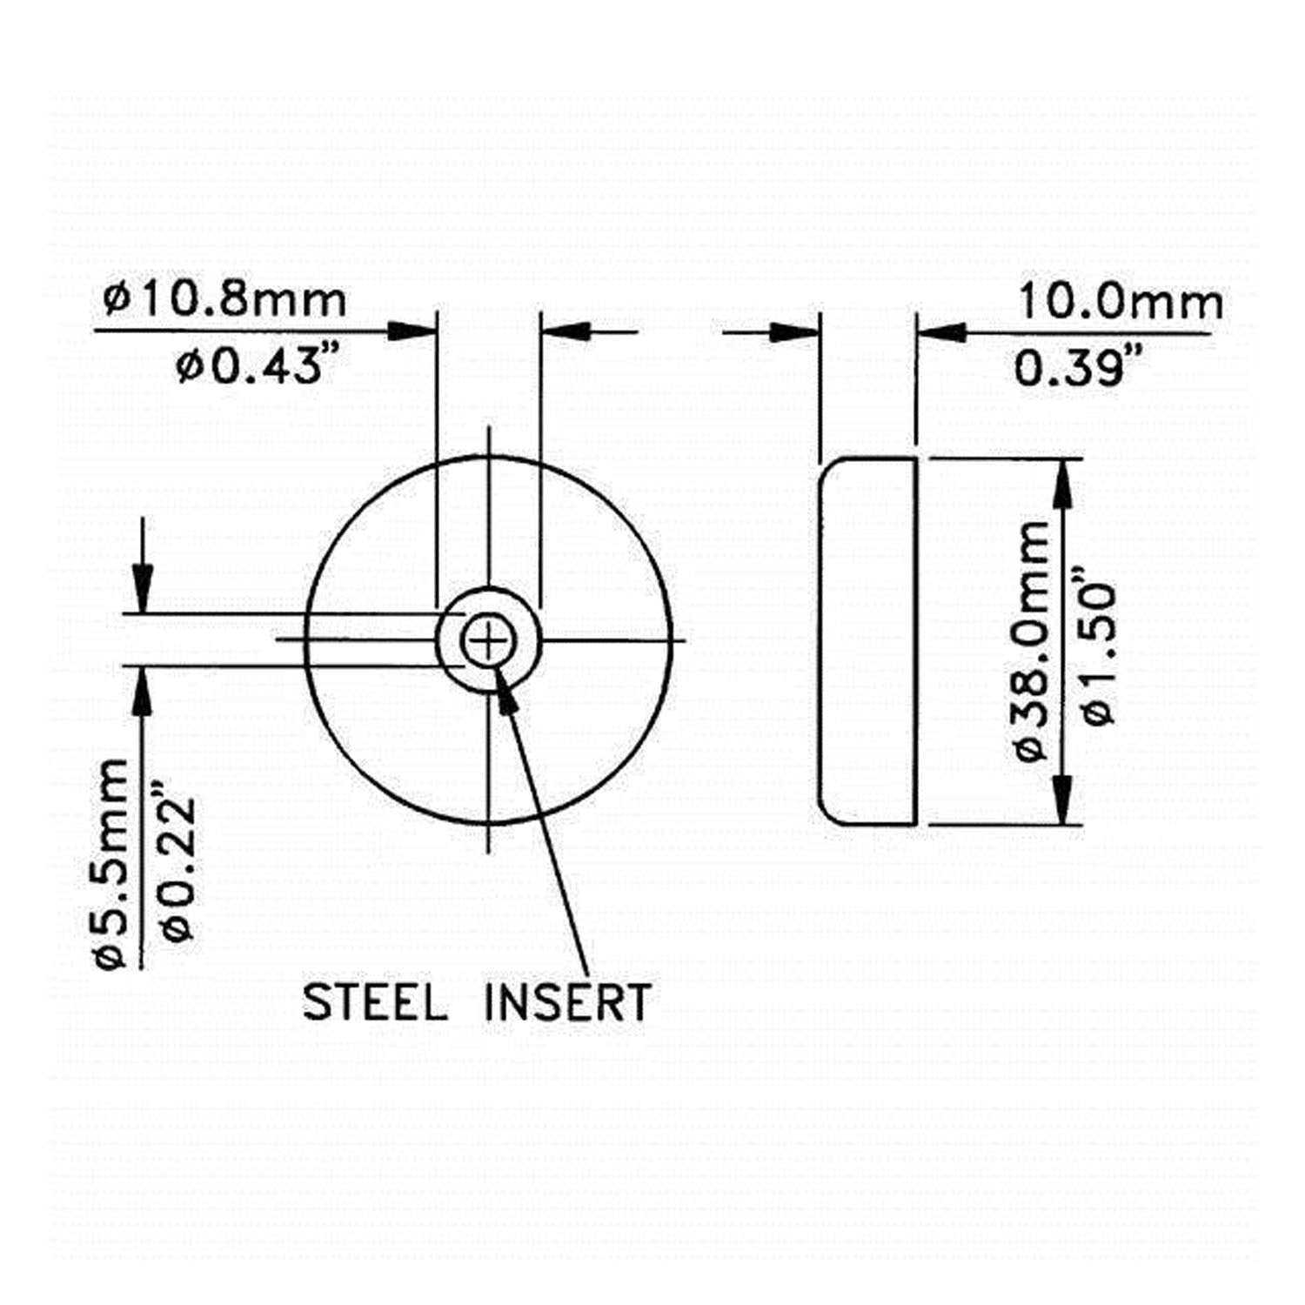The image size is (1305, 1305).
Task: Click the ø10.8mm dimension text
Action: click(224, 300)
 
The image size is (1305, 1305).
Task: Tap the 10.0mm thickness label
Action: click(1120, 303)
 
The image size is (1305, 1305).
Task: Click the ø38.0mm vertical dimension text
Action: click(1033, 641)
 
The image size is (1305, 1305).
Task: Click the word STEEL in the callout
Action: click(375, 1002)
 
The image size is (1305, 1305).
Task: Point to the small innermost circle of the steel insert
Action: click(488, 643)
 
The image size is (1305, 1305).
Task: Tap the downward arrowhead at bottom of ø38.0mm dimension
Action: click(1062, 801)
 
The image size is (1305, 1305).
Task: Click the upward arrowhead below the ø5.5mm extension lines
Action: click(143, 691)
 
